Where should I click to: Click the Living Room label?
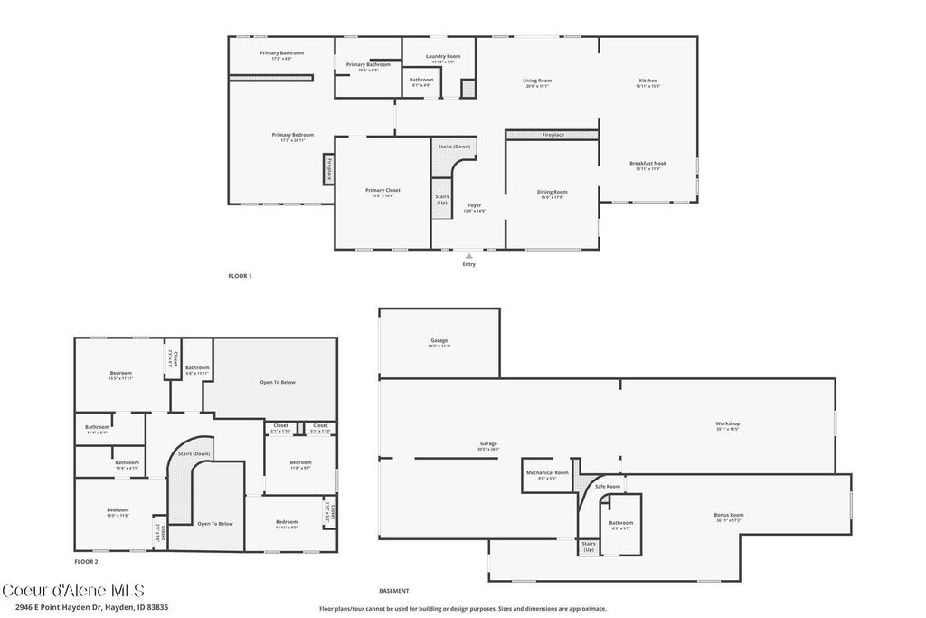tap(537, 81)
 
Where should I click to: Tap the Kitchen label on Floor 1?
tap(647, 81)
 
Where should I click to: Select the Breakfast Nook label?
tap(647, 165)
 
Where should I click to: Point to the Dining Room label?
tap(552, 193)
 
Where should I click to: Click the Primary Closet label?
tap(383, 191)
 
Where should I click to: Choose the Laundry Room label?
tap(443, 57)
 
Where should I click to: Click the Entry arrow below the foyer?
tap(468, 256)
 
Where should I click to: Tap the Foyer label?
tap(475, 206)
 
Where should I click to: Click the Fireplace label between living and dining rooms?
tap(553, 135)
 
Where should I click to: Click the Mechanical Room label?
tap(548, 473)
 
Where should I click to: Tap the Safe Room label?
tap(608, 487)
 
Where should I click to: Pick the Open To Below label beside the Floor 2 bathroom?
tap(278, 382)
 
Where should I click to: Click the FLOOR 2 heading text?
tap(87, 561)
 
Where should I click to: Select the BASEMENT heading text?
tap(394, 591)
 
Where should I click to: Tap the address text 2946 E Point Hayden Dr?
tap(85, 607)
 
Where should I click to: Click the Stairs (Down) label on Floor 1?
tap(454, 147)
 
